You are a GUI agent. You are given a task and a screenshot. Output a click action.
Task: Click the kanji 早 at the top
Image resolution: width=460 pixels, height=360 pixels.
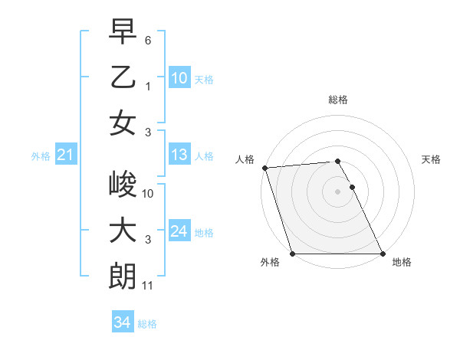coord(123,33)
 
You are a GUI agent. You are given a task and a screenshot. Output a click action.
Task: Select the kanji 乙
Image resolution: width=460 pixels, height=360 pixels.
coord(123,77)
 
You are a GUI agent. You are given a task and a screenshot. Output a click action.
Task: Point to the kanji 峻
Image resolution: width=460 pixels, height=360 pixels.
coord(123,185)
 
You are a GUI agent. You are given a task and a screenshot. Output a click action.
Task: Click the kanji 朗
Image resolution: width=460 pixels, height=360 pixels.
coord(123,275)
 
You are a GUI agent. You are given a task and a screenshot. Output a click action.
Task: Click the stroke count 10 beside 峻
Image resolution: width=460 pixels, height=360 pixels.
coord(149,193)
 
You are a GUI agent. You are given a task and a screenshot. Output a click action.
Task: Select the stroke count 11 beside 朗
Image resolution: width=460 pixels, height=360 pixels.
coord(149,285)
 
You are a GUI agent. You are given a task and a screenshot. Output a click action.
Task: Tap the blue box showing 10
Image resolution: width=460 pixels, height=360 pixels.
coord(179,77)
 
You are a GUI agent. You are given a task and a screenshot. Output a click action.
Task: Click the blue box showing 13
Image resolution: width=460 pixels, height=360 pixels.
coord(179,155)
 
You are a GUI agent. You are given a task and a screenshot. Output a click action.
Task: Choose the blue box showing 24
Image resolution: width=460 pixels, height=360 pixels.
coord(179,231)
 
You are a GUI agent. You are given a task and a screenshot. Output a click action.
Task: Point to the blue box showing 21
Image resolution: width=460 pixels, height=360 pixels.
coord(66,155)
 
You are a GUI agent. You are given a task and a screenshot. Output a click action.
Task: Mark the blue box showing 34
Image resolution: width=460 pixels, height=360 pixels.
coord(122,322)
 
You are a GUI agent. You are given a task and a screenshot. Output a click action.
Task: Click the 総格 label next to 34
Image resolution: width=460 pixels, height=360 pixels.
coord(147,324)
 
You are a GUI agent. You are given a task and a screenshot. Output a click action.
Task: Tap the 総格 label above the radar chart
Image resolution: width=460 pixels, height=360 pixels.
coord(337,100)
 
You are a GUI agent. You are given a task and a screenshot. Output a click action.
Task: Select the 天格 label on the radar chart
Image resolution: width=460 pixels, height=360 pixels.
coord(431,159)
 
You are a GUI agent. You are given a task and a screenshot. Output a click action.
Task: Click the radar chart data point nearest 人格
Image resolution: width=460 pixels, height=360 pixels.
coord(264,168)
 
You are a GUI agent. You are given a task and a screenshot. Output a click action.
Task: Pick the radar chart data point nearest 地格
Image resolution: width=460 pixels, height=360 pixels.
coord(382,254)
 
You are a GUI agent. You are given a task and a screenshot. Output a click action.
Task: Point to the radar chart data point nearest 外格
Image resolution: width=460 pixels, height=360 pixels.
coord(293,254)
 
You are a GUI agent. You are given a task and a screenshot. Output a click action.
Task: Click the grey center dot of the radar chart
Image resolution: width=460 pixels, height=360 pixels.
coord(337,191)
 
